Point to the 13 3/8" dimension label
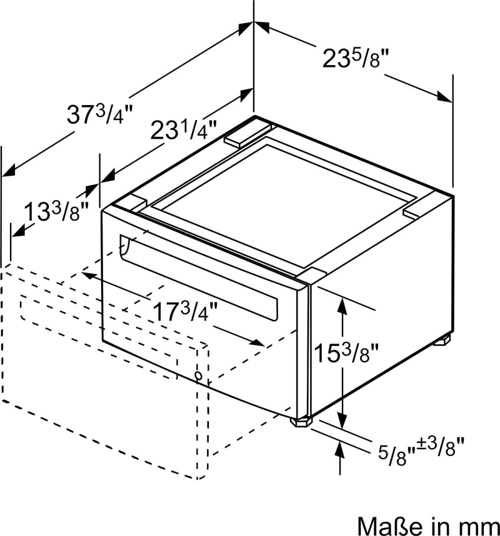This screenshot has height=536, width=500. tap(52, 212)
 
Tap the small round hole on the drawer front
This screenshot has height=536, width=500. tap(198, 376)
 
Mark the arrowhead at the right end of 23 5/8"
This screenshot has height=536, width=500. tap(444, 96)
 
